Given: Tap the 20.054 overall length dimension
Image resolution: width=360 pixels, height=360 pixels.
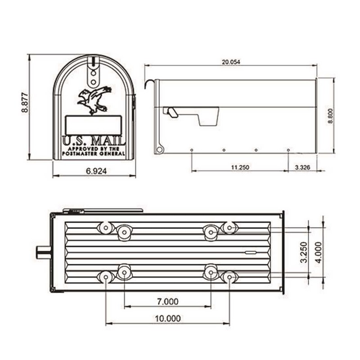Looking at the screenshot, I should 230,62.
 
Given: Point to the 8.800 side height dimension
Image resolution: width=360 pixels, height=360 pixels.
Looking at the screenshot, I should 330,116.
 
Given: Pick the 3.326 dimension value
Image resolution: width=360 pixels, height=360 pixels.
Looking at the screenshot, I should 302,167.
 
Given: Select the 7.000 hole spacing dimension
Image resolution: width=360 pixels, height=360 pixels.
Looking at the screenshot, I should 167,301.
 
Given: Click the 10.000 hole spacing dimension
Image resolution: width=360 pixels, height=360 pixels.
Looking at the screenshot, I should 167,319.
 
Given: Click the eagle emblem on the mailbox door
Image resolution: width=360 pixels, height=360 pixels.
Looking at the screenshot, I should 94,100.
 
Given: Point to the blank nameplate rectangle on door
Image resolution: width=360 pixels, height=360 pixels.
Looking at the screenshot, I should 94,125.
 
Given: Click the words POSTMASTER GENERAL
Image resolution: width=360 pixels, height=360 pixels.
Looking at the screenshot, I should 94,154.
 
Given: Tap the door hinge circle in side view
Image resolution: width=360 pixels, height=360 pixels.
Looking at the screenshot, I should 159,149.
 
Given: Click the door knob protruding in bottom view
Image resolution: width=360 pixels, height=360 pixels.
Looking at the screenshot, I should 43,252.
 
